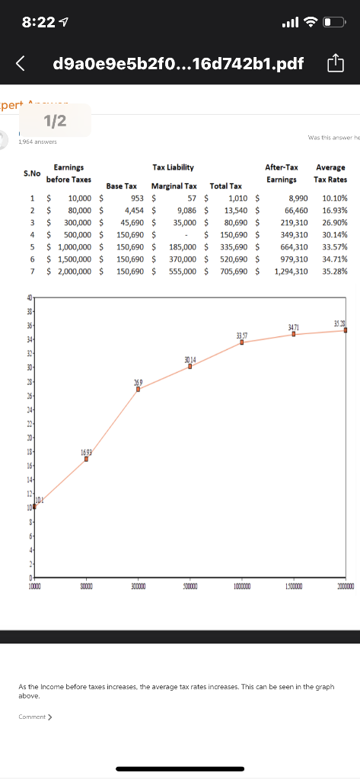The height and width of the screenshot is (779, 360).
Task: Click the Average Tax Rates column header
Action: (x=330, y=173)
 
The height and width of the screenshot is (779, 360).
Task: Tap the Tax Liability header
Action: (x=173, y=167)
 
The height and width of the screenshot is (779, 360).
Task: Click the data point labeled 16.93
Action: (x=86, y=459)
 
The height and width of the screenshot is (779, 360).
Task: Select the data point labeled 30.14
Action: (x=190, y=366)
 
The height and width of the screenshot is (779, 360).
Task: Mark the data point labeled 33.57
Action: (x=242, y=342)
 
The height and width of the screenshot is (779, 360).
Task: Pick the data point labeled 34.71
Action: (x=294, y=334)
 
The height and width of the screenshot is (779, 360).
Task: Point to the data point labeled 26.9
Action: (x=139, y=389)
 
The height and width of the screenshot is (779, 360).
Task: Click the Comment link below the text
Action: (x=35, y=717)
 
